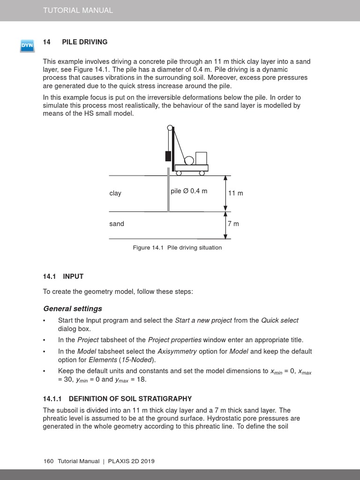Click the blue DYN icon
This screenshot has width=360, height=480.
[x=27, y=45]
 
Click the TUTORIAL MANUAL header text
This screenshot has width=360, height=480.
[x=78, y=10]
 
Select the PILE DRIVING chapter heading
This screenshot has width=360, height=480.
[x=85, y=42]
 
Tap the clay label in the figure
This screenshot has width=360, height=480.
[x=115, y=193]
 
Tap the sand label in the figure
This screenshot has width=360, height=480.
[x=117, y=224]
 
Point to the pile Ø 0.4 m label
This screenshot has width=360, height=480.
[x=189, y=191]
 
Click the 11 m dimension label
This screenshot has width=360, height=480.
[x=235, y=193]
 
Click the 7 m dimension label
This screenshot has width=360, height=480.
[x=233, y=224]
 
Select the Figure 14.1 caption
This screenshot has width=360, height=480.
[x=177, y=247]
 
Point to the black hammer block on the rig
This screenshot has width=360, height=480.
[x=168, y=156]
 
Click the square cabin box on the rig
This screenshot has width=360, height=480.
[x=201, y=158]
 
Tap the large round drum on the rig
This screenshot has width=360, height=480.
[x=189, y=161]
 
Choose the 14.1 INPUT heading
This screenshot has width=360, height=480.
[x=63, y=277]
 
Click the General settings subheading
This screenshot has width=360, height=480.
[x=73, y=308]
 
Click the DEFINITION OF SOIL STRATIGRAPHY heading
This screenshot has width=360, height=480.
[x=117, y=398]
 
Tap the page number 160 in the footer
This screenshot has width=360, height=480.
[x=48, y=461]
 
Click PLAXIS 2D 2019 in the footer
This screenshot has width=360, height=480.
[x=131, y=461]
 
